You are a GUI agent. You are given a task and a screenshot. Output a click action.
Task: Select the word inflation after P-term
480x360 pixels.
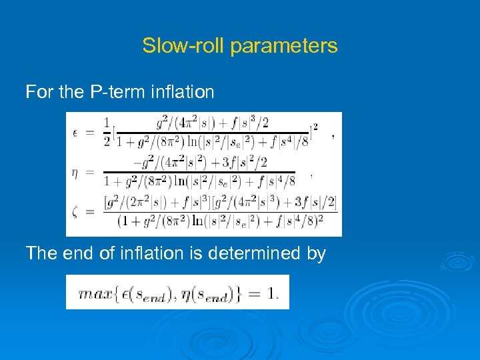[181, 91]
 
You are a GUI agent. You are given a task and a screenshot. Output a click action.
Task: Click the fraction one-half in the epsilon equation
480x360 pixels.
[107, 131]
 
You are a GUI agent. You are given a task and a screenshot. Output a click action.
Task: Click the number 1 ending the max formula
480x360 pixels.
[272, 293]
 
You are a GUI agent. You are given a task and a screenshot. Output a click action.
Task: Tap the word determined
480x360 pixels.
[257, 253]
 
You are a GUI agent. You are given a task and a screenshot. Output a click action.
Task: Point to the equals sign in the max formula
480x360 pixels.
[253, 293]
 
